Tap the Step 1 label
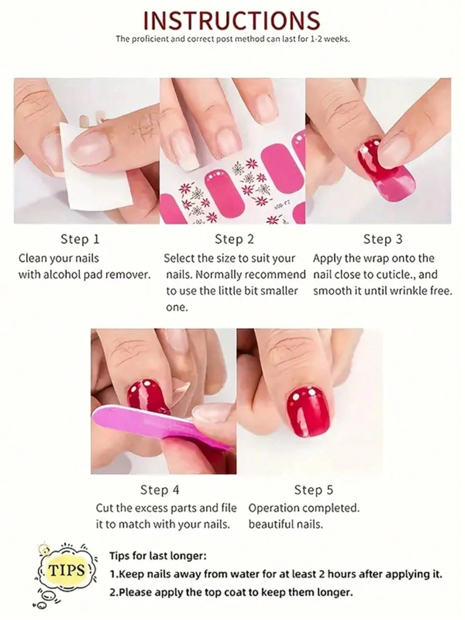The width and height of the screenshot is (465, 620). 80,239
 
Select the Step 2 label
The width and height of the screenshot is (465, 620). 234,239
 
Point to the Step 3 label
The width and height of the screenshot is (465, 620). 383,239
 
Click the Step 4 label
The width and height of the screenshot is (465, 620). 160,490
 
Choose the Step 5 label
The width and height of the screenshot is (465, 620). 313,490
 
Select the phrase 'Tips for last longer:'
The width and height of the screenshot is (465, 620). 158,556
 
